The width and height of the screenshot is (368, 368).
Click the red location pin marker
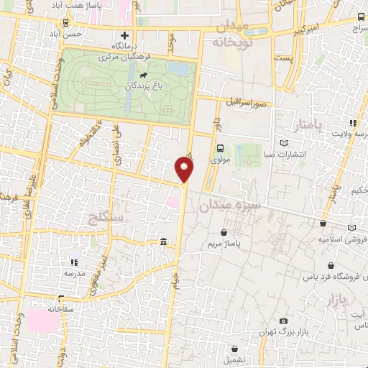coord(184,170)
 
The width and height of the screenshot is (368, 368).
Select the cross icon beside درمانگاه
coord(126,35)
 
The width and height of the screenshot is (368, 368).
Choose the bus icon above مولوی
coord(221,149)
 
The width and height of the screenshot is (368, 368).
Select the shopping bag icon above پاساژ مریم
coord(226,232)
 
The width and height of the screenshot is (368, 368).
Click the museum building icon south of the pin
coord(165,241)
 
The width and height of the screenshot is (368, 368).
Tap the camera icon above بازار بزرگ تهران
coord(283,321)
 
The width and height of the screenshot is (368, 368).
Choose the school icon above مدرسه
coord(74,263)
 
